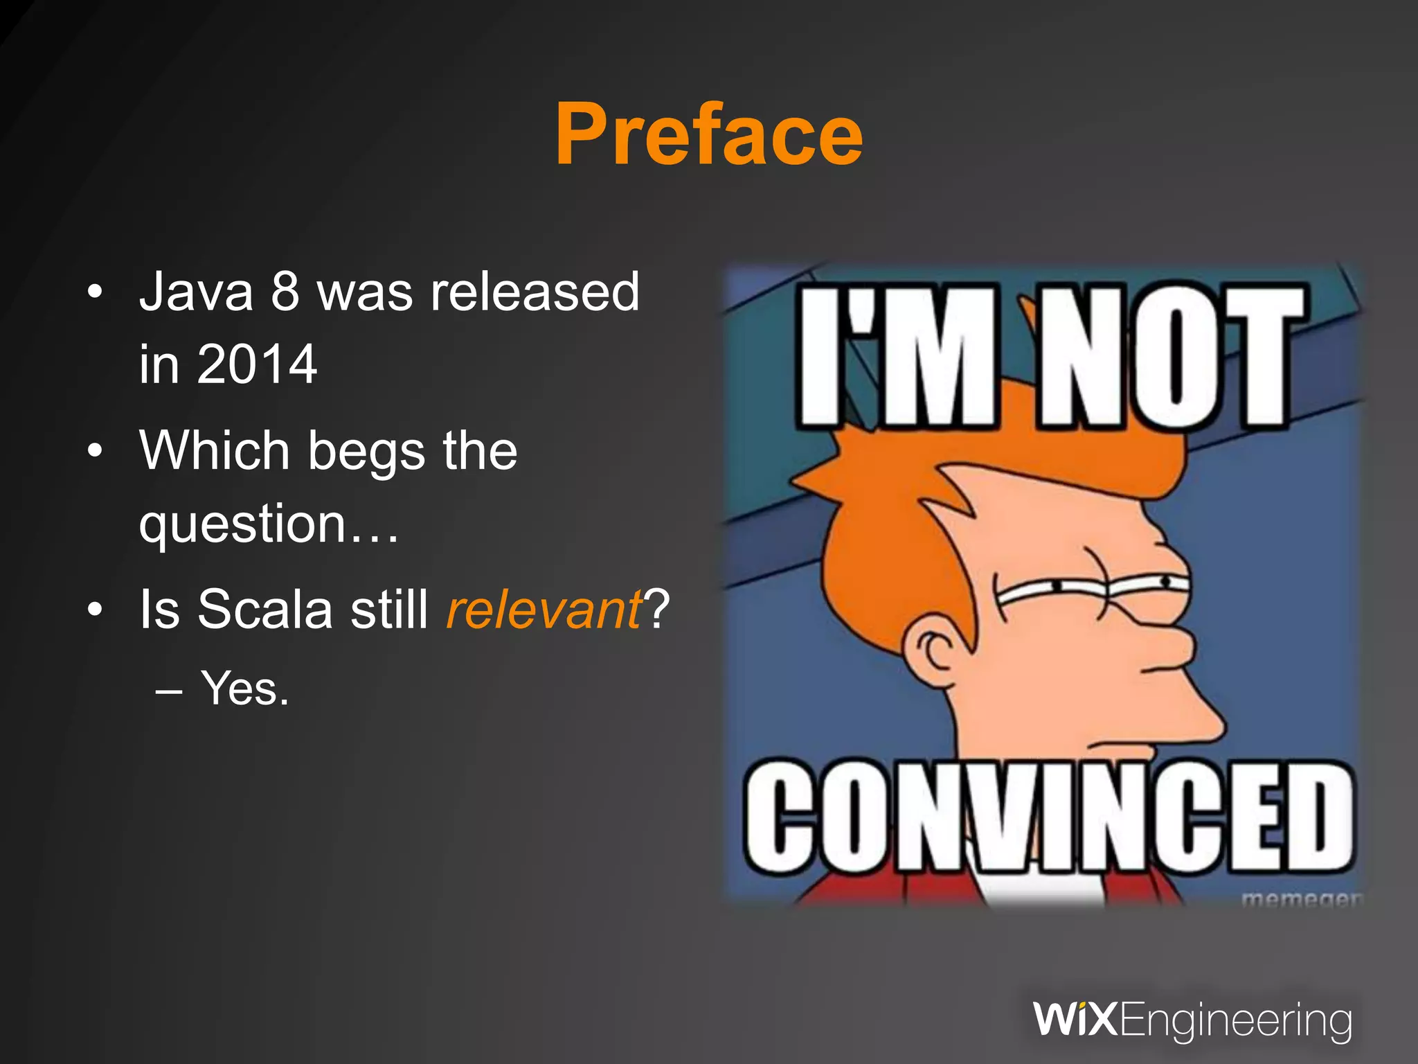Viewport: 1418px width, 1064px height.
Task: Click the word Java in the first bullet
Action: pos(197,292)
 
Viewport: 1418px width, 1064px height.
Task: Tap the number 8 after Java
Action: pos(285,292)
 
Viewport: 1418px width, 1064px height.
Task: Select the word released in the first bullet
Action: pos(535,292)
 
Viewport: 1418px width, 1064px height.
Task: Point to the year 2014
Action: pos(257,364)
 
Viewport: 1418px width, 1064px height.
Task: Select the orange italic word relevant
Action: pos(544,610)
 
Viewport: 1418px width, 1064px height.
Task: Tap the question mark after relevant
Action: pos(656,608)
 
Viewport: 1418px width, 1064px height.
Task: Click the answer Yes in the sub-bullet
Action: pos(244,689)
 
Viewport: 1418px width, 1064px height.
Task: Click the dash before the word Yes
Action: pos(170,691)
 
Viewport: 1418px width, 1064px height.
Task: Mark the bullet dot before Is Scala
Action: pos(95,610)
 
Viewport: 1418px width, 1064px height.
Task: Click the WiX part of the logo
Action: pos(1075,1019)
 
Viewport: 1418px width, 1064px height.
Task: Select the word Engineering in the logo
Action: pos(1235,1020)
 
